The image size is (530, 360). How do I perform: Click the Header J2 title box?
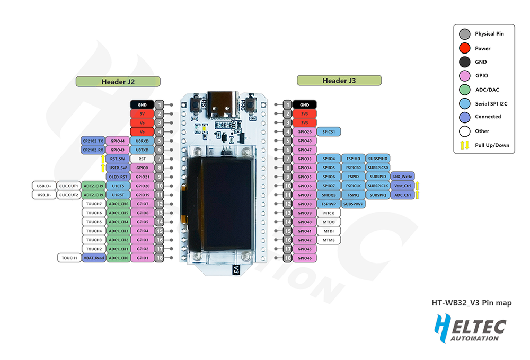118,82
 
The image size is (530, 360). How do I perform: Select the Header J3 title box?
339,81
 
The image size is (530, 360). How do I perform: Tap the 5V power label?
142,113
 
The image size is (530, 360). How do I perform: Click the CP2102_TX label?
93,141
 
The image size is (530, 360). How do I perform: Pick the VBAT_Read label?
94,258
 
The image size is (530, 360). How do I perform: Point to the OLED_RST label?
117,177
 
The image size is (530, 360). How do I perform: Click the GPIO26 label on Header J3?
305,131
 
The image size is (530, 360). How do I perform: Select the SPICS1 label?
329,131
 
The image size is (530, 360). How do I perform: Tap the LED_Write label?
403,176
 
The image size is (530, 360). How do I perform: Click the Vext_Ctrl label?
403,186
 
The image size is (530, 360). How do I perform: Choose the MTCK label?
329,213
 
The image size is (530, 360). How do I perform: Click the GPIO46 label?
305,258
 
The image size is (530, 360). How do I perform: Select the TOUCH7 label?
93,204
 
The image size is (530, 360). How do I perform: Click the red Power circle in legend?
464,48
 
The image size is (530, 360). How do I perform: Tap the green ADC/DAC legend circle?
464,90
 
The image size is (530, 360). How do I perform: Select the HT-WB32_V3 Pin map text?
471,303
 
